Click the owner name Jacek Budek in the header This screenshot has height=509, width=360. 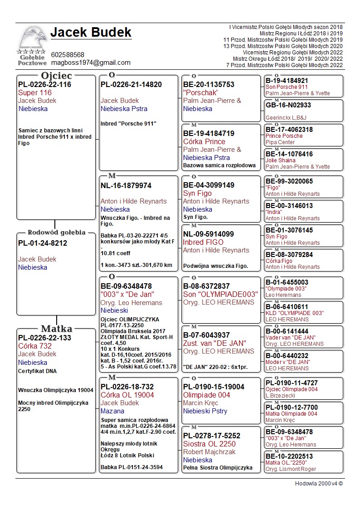(x=91, y=33)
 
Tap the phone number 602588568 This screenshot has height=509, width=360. (x=68, y=55)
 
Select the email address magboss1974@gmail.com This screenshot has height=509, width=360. (x=91, y=63)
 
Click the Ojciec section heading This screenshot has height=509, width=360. (x=56, y=76)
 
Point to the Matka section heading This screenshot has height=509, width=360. (x=56, y=329)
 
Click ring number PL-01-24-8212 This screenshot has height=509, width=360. (x=43, y=243)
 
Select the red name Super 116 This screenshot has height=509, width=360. (x=35, y=92)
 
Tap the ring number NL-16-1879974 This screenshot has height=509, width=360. (x=126, y=186)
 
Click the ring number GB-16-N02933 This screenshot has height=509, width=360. (x=288, y=105)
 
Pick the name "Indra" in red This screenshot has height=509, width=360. (x=274, y=212)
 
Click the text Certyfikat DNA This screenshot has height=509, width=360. (x=37, y=371)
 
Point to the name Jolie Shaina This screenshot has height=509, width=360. (x=280, y=160)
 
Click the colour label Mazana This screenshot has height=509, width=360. (x=112, y=411)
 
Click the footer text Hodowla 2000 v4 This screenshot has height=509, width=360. (x=319, y=484)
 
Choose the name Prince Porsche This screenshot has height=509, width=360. (x=284, y=136)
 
